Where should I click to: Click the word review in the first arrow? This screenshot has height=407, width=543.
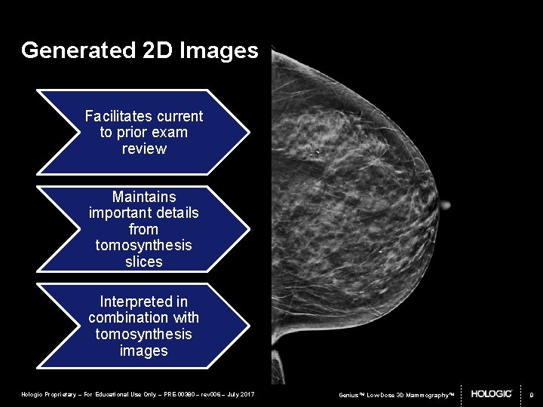pos(144,148)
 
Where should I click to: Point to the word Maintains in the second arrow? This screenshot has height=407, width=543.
pos(144,197)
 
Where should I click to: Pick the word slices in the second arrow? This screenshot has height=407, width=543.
pos(144,262)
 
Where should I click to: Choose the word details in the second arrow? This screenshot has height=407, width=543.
pos(174,213)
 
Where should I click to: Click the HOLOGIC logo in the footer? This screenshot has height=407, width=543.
pos(492,393)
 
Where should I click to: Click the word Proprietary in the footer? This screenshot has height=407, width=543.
pos(62,394)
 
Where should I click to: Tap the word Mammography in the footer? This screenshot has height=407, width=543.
pos(425,394)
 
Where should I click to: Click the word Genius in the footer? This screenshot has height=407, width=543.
pos(349,394)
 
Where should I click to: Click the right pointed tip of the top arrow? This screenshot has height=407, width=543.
pos(249,132)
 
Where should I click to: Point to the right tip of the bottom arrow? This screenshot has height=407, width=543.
pos(249,326)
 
